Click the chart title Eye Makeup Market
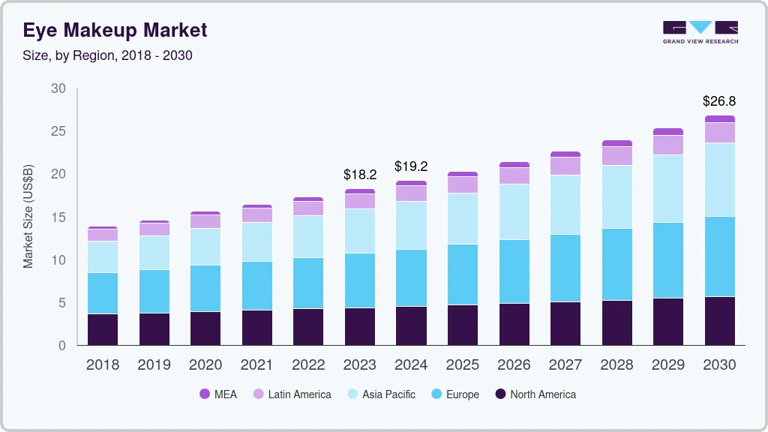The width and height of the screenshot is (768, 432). [115, 31]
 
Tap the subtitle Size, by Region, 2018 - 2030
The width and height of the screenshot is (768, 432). [107, 55]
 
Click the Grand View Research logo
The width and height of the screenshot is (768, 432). [700, 31]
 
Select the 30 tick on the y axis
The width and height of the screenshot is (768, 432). [58, 88]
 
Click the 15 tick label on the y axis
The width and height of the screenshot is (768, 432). [58, 217]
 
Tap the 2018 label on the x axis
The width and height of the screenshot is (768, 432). [102, 365]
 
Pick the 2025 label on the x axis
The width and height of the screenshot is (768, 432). [463, 365]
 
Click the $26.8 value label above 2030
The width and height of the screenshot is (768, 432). [719, 100]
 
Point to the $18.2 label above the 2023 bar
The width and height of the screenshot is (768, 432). [360, 174]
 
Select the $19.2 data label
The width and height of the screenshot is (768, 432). [411, 166]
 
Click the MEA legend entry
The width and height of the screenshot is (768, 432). [218, 394]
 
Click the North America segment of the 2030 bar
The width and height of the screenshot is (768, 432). [719, 321]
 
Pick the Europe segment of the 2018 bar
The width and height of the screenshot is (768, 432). [102, 293]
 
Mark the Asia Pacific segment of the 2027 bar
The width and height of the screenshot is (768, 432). [565, 205]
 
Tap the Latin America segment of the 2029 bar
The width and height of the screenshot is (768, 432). [668, 145]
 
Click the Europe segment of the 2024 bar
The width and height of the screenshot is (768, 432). [411, 277]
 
